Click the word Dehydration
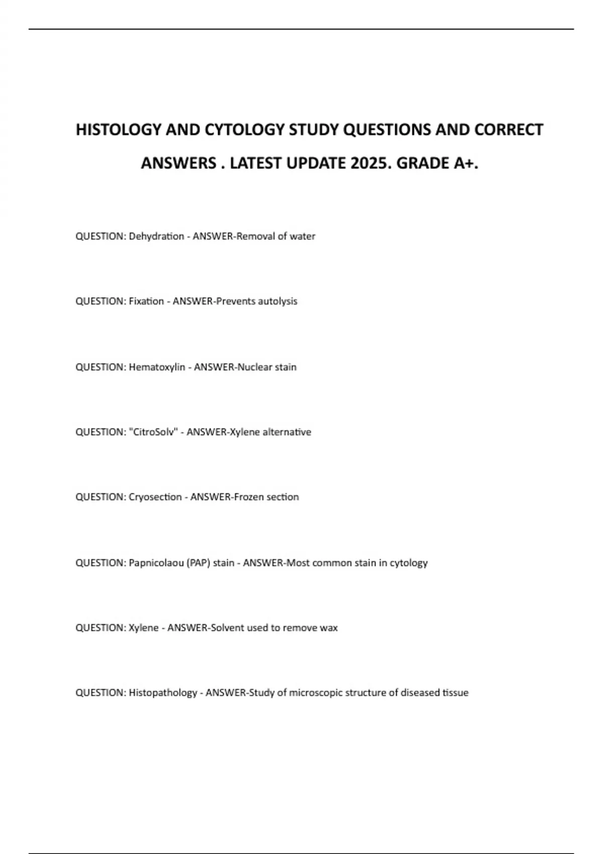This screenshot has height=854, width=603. pyautogui.click(x=156, y=236)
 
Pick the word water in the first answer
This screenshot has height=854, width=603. pyautogui.click(x=302, y=236)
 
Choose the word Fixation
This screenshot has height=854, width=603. pyautogui.click(x=146, y=301)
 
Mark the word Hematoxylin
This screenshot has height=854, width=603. pyautogui.click(x=157, y=367)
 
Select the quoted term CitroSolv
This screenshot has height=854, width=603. pyautogui.click(x=153, y=432)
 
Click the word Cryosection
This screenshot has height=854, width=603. pyautogui.click(x=155, y=497)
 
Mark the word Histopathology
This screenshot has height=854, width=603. pyautogui.click(x=163, y=693)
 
